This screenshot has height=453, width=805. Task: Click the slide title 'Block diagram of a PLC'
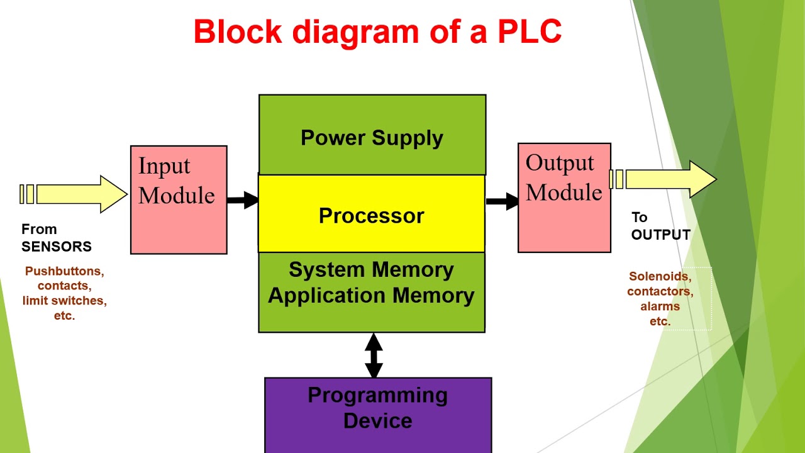[377, 31]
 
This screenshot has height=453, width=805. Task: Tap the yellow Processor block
[371, 215]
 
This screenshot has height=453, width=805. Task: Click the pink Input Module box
[179, 220]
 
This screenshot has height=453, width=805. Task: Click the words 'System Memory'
[371, 269]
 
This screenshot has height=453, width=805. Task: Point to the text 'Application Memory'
[371, 295]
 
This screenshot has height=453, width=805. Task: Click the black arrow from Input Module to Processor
[243, 201]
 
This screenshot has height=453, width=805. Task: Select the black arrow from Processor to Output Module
[502, 201]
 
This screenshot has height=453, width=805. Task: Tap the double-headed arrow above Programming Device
[374, 355]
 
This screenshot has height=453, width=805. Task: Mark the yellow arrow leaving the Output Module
[667, 179]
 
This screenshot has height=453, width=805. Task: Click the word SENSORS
[57, 247]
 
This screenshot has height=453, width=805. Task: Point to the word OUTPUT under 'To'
[661, 235]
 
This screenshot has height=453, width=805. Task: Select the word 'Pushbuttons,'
[64, 271]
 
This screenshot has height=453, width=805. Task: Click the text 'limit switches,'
[64, 301]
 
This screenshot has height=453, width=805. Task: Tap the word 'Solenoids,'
[660, 276]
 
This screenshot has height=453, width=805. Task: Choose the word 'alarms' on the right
[660, 306]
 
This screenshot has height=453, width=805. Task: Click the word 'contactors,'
[660, 291]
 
